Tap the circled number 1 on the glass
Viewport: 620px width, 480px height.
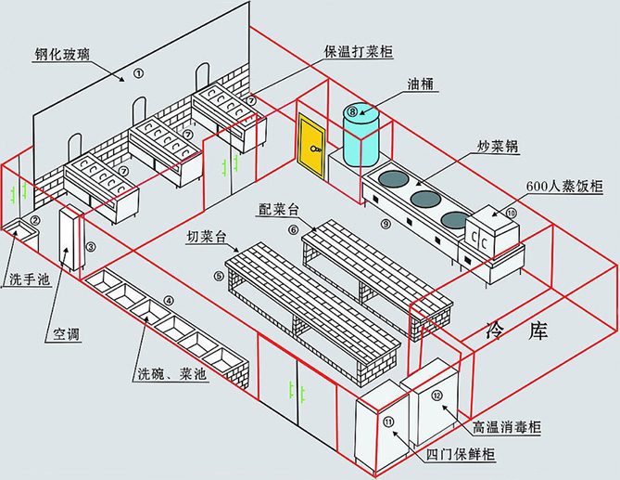pyautogui.click(x=138, y=72)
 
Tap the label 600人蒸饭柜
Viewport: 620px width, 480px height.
pyautogui.click(x=564, y=187)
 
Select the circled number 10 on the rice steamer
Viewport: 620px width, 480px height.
pyautogui.click(x=511, y=213)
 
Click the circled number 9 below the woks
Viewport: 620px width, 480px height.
pyautogui.click(x=386, y=223)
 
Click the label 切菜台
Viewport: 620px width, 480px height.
pyautogui.click(x=207, y=237)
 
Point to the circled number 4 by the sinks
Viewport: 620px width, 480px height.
pyautogui.click(x=168, y=300)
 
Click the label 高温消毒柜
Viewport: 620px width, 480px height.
pyautogui.click(x=508, y=428)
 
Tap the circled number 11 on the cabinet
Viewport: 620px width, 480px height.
pyautogui.click(x=387, y=423)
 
